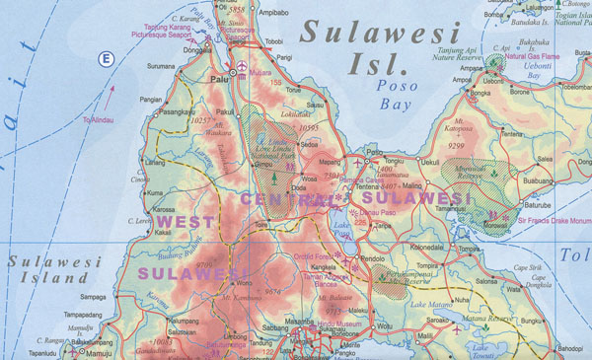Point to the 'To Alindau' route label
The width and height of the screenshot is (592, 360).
point(99,119)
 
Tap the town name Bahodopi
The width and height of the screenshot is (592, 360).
point(570,349)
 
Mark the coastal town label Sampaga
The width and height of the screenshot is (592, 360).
point(93,296)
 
